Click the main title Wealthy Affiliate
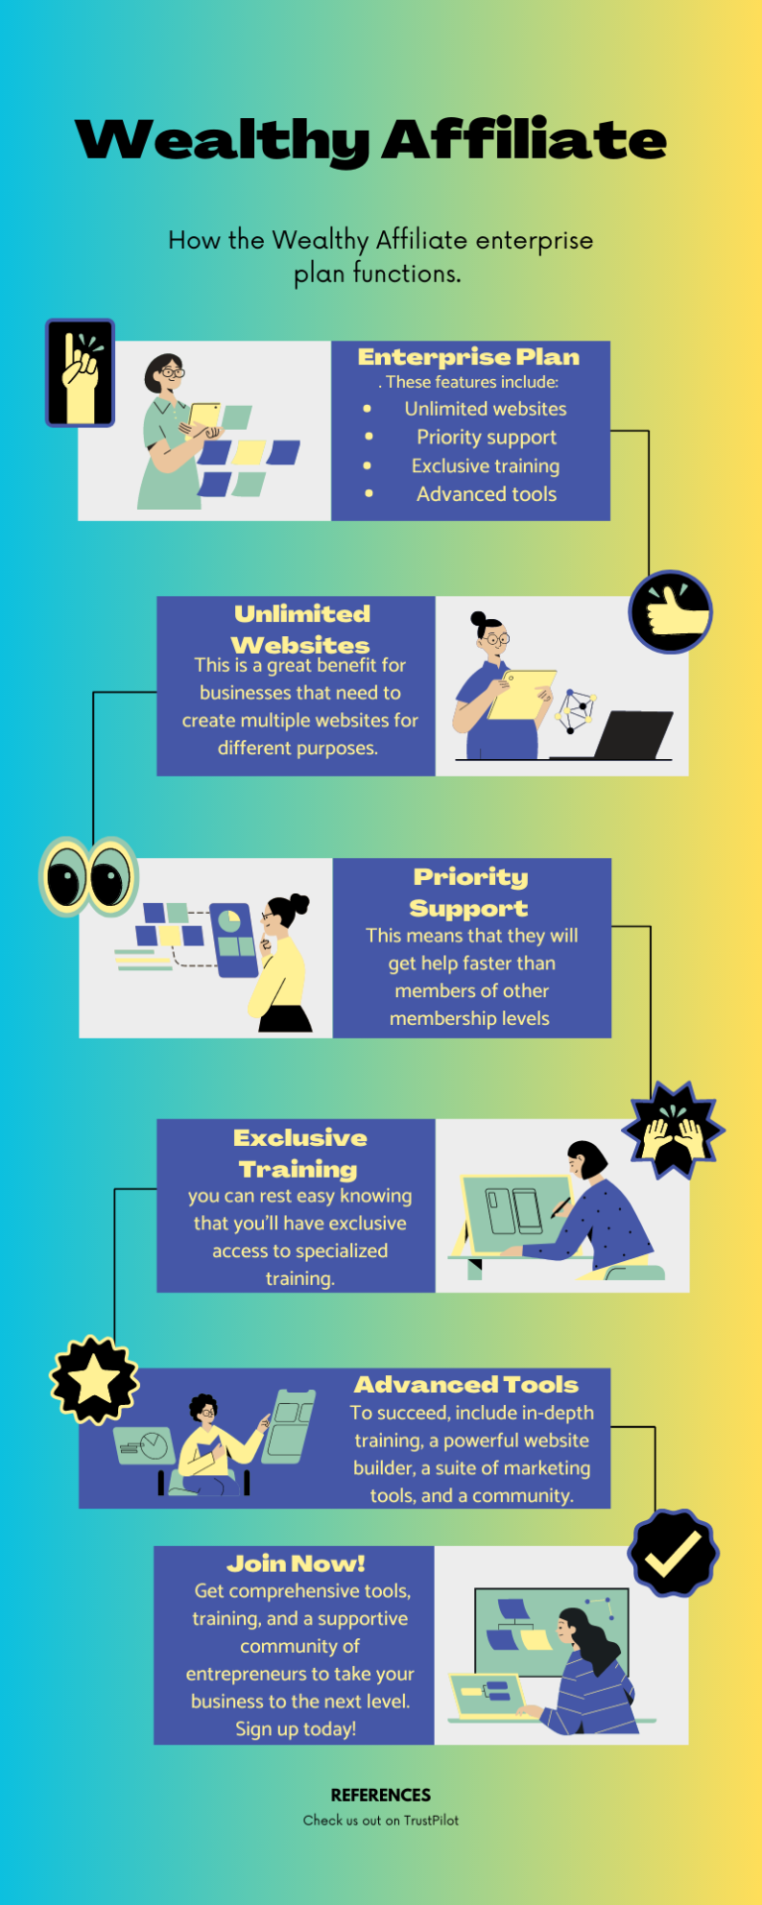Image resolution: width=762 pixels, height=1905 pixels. [x=371, y=140]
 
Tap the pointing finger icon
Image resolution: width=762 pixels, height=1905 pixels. [x=80, y=373]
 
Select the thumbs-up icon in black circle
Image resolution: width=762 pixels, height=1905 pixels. [x=671, y=611]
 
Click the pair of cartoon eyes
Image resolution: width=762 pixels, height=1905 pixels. [x=88, y=877]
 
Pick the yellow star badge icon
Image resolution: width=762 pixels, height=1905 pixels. [x=94, y=1379]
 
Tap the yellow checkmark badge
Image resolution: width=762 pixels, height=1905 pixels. [x=674, y=1553]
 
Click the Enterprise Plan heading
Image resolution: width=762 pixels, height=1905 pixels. [x=468, y=357]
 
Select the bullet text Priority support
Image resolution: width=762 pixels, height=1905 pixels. [x=486, y=438]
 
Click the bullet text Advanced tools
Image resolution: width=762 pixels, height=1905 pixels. [x=486, y=494]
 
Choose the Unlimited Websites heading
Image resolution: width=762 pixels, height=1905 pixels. [x=301, y=629]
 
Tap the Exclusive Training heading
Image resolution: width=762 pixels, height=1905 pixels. [x=300, y=1153]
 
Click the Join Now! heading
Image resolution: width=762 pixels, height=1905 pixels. [x=296, y=1564]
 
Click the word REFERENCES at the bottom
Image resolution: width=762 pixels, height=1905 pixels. [x=381, y=1795]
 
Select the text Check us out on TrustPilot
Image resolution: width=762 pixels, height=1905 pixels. [x=381, y=1821]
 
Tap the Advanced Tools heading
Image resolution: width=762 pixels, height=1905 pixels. [x=466, y=1384]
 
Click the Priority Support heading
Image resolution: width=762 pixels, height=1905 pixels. [x=470, y=892]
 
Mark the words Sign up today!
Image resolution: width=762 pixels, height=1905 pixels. [x=296, y=1729]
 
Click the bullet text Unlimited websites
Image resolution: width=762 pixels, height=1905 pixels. [x=485, y=409]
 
